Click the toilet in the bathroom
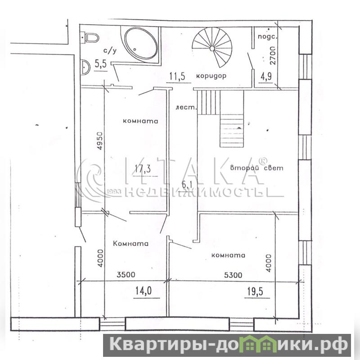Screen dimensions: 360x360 tap(92, 38)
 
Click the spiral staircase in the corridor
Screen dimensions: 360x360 tap(212, 48)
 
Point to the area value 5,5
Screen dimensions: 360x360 tap(101, 64)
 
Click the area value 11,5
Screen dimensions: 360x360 tap(177, 76)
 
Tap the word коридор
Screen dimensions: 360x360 tap(211, 76)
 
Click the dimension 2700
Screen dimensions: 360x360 tap(273, 55)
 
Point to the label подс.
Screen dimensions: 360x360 tap(268, 36)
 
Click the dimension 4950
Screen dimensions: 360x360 tap(100, 141)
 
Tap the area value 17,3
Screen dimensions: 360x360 tap(143, 169)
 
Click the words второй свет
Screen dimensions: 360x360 tap(256, 168)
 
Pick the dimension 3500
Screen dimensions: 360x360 tap(126, 274)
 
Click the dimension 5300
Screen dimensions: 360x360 tap(233, 274)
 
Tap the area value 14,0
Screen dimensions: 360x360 tap(143, 291)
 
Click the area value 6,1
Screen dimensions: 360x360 tap(187, 184)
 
